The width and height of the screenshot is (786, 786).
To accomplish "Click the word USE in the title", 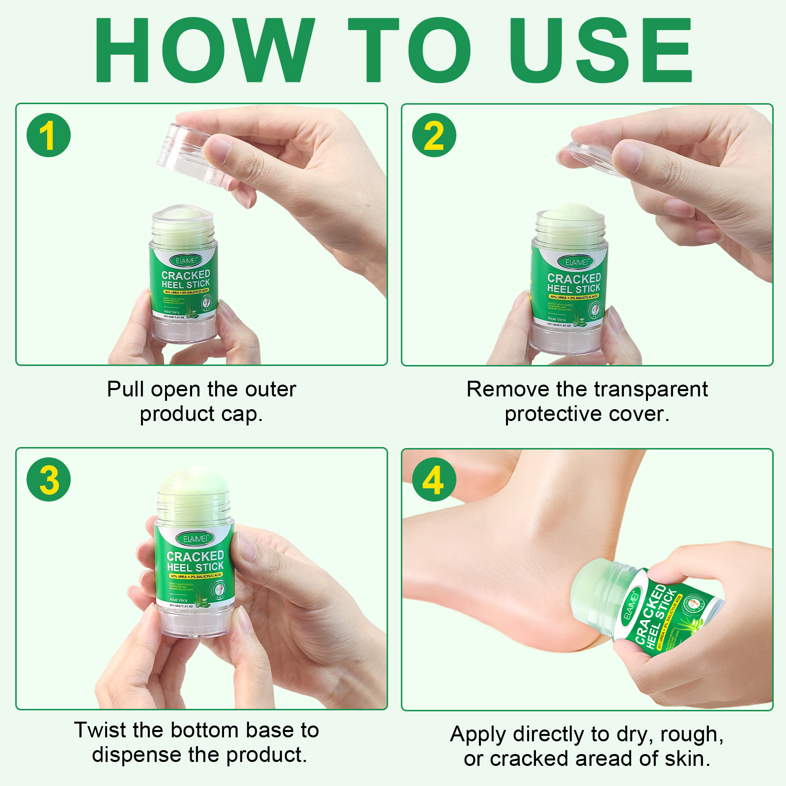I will click(600, 50).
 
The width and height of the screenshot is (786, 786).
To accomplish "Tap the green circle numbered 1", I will click(49, 135).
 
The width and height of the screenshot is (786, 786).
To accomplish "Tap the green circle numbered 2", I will click(434, 135).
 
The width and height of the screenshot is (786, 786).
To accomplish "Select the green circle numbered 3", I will click(49, 479).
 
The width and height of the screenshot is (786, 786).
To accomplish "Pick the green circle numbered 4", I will click(434, 479).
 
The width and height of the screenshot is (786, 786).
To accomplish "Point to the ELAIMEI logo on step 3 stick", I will click(195, 538).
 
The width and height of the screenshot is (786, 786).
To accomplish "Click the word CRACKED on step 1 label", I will click(186, 275).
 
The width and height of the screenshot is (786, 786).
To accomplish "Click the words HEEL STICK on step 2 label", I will click(574, 289).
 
